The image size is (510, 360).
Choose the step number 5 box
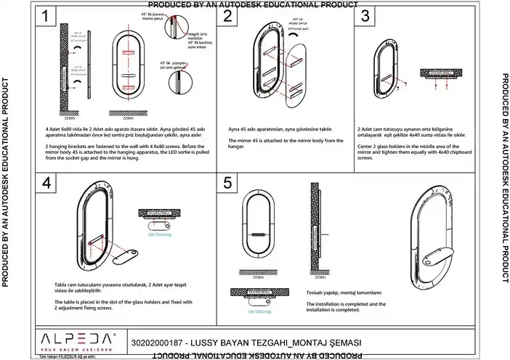[x=230, y=184]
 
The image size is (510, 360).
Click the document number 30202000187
[x=156, y=341]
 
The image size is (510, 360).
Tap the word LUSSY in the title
[x=204, y=341]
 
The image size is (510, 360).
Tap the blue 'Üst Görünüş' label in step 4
[x=159, y=234]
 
